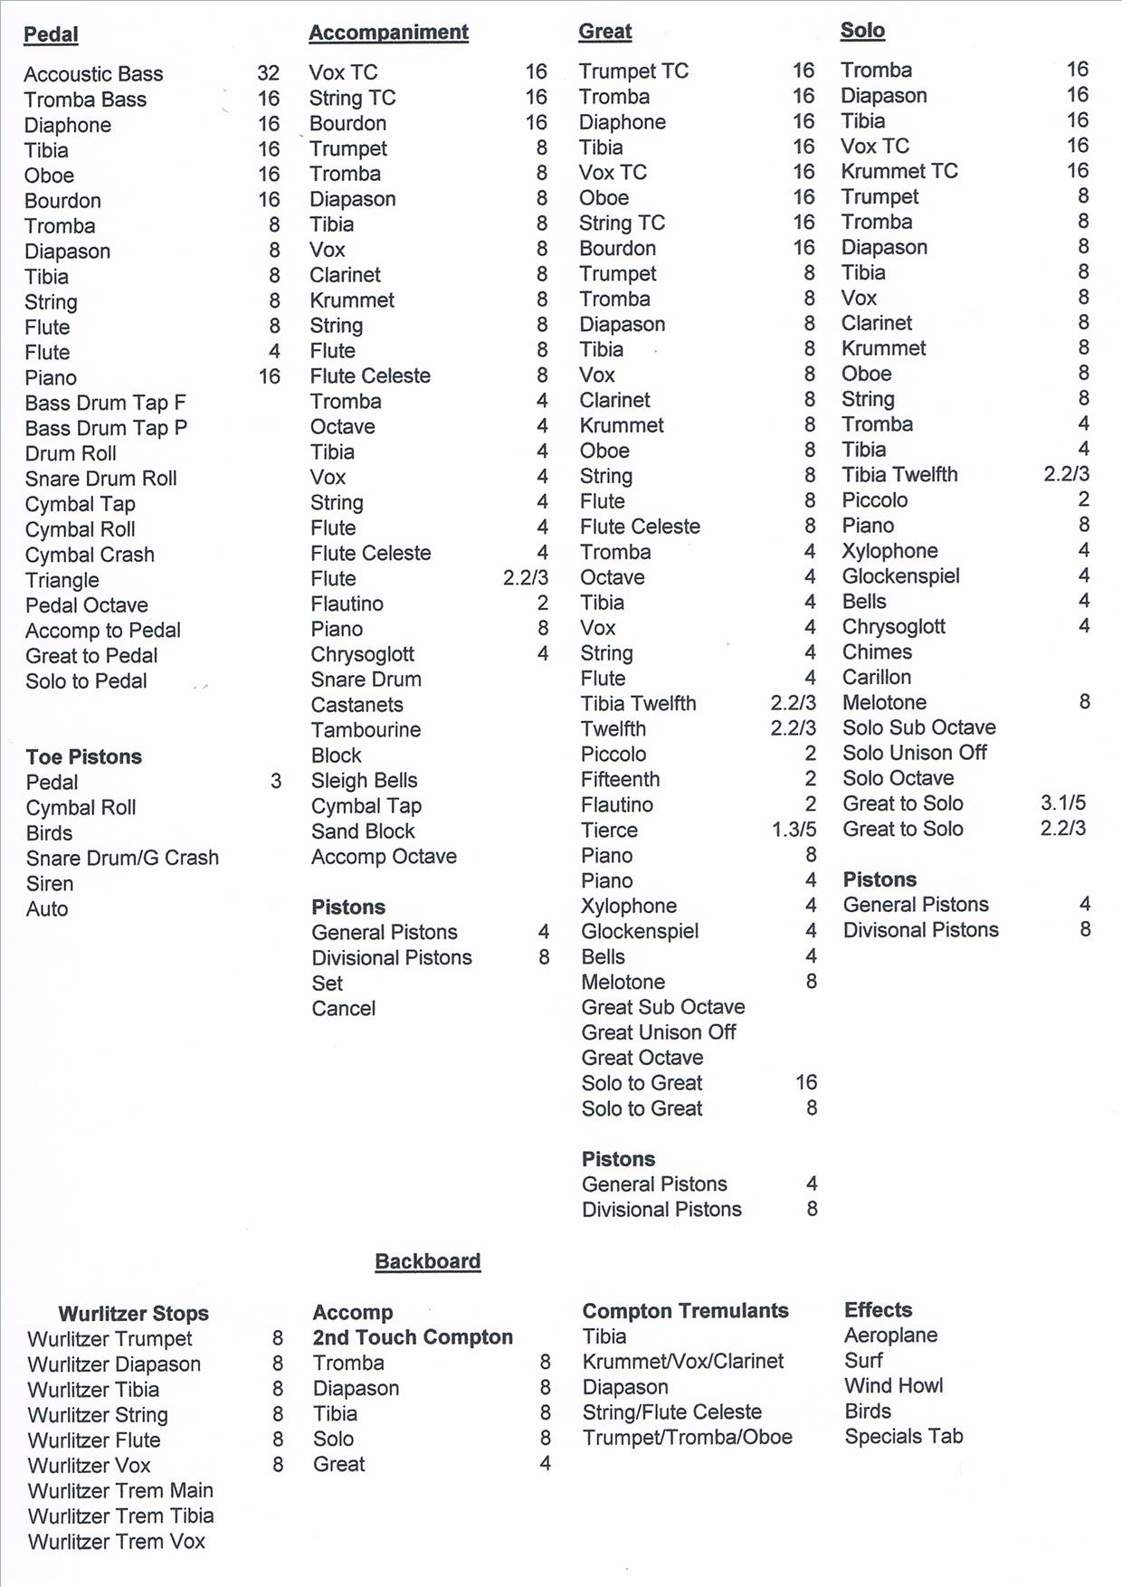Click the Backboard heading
427,1261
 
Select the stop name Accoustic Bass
93,74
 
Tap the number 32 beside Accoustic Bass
268,73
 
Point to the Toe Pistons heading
83,756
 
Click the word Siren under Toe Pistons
50,884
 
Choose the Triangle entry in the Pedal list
62,580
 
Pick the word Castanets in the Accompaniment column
357,705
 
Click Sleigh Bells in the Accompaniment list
364,781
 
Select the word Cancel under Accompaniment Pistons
343,1009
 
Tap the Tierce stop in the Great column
609,831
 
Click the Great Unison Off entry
659,1032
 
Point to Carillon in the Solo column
876,678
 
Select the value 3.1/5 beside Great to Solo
1062,803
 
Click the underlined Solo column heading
862,31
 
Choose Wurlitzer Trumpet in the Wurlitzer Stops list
109,1339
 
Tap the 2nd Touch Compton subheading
413,1337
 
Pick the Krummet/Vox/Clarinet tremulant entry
683,1362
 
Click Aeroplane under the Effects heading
890,1335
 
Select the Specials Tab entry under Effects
903,1437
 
